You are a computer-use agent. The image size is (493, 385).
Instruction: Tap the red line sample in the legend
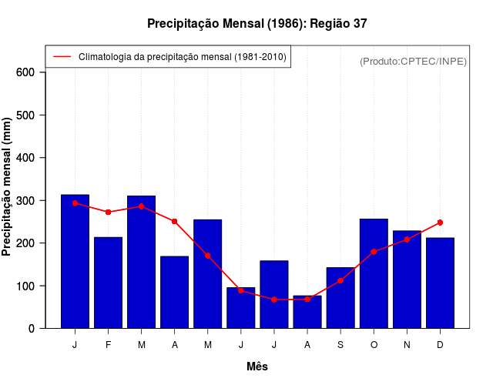point(62,57)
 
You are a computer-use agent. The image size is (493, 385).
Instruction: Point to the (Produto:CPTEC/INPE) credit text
point(413,61)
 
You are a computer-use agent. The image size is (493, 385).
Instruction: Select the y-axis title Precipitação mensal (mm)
point(7,186)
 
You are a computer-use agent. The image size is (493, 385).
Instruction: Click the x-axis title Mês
point(257,367)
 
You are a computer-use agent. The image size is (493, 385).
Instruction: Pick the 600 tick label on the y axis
point(25,72)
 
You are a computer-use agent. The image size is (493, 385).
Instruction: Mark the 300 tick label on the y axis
point(25,200)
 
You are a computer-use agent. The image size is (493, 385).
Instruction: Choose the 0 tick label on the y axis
point(32,329)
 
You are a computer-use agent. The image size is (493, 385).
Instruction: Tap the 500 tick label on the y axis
point(25,115)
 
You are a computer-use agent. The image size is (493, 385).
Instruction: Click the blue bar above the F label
point(109,283)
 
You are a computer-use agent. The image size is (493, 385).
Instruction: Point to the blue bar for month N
point(407,280)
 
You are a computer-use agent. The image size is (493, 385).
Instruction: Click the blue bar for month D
point(440,283)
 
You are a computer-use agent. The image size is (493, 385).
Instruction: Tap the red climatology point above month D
point(440,223)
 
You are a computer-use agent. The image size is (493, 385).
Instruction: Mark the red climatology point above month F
point(109,212)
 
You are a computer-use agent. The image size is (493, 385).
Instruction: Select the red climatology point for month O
point(374,252)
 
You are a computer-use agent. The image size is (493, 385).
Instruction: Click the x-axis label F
point(109,345)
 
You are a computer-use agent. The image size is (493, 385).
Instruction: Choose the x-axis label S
point(340,345)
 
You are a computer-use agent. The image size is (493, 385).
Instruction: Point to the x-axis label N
point(407,345)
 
